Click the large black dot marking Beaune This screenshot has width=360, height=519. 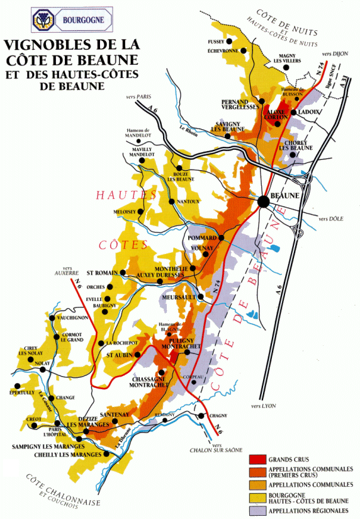coord(263,201)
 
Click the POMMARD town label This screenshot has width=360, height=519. coord(201,238)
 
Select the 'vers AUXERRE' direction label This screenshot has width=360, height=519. coord(65,270)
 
